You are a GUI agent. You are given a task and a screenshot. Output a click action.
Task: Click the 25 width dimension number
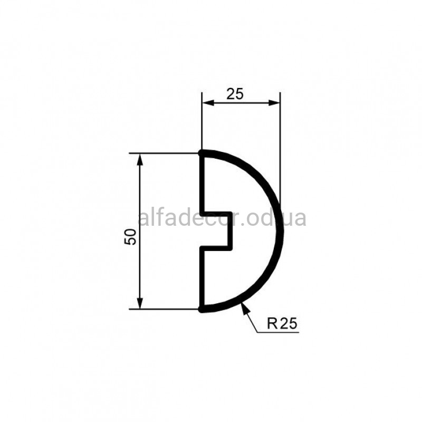[x=235, y=94]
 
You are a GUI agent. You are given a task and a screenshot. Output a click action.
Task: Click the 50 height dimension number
[x=130, y=236]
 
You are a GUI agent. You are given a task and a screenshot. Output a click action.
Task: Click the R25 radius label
[x=282, y=323]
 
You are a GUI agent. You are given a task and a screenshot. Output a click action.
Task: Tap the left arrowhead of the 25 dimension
[x=208, y=102]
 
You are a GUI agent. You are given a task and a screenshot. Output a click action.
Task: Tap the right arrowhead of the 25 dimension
[x=274, y=102]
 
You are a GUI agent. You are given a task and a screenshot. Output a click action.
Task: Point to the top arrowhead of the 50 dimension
[x=140, y=160]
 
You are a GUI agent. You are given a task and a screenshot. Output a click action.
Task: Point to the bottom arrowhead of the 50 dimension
[x=140, y=303]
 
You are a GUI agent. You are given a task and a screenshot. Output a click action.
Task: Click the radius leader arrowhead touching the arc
[x=245, y=308]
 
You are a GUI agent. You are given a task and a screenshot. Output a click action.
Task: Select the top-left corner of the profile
[x=202, y=153]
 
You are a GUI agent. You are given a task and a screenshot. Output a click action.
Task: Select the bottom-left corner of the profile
[x=202, y=309]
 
